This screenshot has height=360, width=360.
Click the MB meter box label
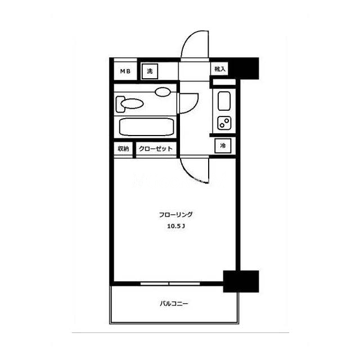[x=125, y=71]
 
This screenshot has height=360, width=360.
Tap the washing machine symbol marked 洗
[x=150, y=71]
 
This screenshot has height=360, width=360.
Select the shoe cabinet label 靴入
[x=220, y=69]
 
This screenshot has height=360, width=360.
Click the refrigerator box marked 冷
[x=223, y=146]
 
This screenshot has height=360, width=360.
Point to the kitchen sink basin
[x=224, y=101]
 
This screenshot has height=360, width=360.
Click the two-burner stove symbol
[x=224, y=123]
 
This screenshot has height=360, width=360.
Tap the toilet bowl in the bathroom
[x=130, y=104]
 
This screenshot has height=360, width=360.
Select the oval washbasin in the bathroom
[x=163, y=92]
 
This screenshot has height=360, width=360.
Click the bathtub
[x=146, y=127]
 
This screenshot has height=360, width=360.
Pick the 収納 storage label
[x=123, y=148]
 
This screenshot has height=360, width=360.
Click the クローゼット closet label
[x=155, y=148]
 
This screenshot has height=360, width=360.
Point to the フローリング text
[x=176, y=215]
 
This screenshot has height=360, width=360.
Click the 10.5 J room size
[x=176, y=226]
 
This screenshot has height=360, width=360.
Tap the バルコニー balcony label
[x=174, y=304]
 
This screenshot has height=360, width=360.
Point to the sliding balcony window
[x=170, y=283]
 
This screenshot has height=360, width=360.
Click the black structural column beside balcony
[x=241, y=281]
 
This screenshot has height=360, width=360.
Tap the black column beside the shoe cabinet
[x=244, y=69]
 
